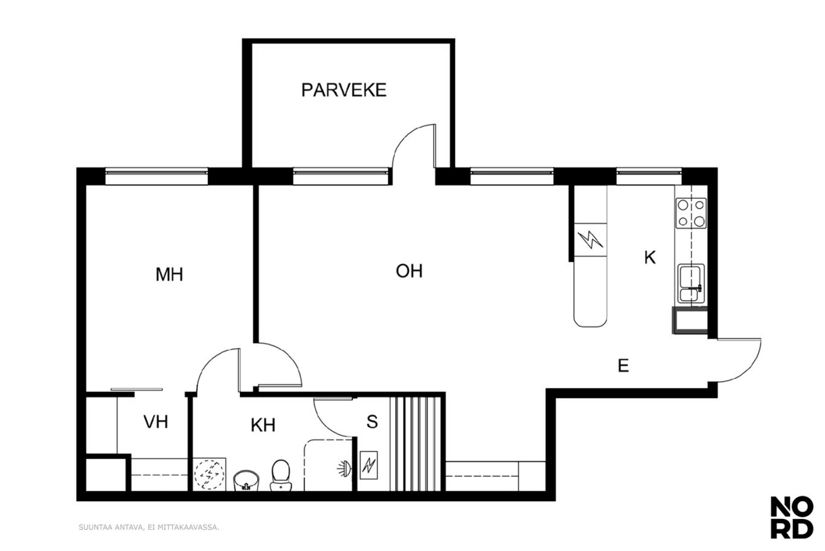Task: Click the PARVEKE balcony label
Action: click(x=344, y=90)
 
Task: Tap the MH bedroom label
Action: click(x=169, y=274)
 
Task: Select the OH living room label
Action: click(x=409, y=271)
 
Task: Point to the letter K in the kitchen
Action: click(x=650, y=257)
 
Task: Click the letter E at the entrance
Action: click(x=623, y=366)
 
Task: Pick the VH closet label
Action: click(x=156, y=422)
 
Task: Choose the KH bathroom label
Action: click(x=263, y=425)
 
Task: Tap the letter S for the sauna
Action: click(x=372, y=422)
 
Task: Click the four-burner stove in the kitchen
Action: click(x=691, y=213)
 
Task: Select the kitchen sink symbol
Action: click(x=691, y=283)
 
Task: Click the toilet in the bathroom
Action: click(x=281, y=475)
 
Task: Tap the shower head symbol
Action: click(x=344, y=469)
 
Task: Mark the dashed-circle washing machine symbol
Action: click(x=209, y=474)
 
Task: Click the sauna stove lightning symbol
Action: click(x=368, y=465)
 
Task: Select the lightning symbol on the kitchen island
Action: click(x=591, y=240)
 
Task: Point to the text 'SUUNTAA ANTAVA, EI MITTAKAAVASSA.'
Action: click(x=149, y=527)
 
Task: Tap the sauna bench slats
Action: click(x=416, y=444)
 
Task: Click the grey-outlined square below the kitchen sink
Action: click(x=690, y=320)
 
